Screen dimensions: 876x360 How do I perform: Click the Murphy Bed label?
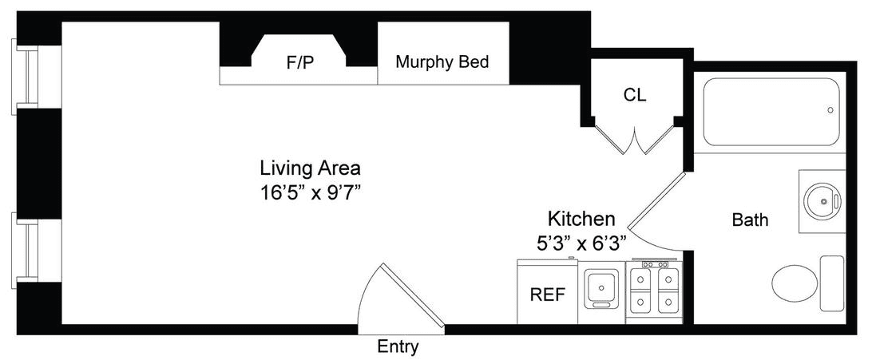[x=442, y=62]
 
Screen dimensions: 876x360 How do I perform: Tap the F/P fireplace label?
[x=300, y=62]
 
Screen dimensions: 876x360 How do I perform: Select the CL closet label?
[x=635, y=96]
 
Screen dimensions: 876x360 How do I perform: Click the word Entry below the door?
[x=398, y=347]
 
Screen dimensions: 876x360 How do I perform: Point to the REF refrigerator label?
[x=548, y=294]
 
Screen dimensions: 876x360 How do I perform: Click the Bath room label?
[x=750, y=220]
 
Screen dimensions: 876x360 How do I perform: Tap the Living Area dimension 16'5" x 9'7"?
[x=309, y=194]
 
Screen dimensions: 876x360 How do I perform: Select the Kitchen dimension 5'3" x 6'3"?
[x=580, y=243]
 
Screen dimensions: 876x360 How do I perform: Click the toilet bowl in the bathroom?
[x=795, y=283]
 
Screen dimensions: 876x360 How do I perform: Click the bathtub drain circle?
[x=830, y=110]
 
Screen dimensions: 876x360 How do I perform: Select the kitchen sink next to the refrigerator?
[x=601, y=288]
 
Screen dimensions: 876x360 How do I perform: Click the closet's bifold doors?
[x=635, y=138]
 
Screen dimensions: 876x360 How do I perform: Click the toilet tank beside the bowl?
[x=832, y=283]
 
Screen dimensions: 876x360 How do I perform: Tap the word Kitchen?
[x=581, y=218]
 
